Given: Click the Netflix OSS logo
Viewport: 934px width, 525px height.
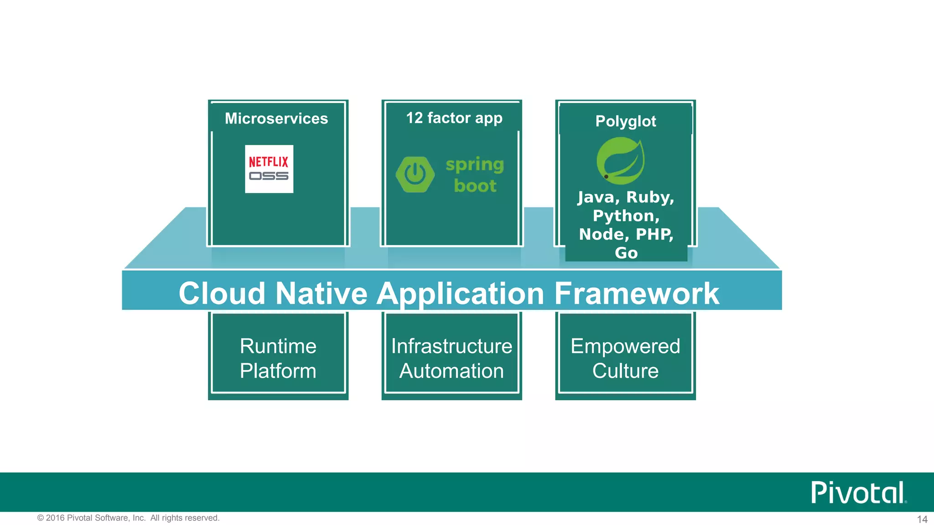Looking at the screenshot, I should point(269,169).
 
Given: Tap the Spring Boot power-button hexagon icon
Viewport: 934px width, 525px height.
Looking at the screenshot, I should point(415,175).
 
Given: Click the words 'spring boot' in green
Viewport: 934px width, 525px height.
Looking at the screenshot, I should point(475,175).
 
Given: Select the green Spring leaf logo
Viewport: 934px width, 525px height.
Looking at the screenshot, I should point(621,161).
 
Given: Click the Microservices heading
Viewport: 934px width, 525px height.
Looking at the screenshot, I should point(276,118).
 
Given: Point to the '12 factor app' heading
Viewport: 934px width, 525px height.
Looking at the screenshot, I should point(454,118).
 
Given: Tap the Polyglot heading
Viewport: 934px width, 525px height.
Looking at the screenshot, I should point(626,121).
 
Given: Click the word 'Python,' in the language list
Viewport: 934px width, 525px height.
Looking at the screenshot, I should point(626,216).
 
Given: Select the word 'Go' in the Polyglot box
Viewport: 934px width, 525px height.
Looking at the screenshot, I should point(626,253).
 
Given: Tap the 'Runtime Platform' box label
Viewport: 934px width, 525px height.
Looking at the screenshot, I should point(278,358).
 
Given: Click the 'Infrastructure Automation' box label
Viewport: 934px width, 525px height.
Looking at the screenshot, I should point(451,358).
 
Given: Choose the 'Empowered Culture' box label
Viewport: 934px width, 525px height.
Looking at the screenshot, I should point(625,358).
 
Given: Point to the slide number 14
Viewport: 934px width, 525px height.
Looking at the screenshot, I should point(922,519).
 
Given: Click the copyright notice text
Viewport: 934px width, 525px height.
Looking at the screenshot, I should point(128,518).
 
